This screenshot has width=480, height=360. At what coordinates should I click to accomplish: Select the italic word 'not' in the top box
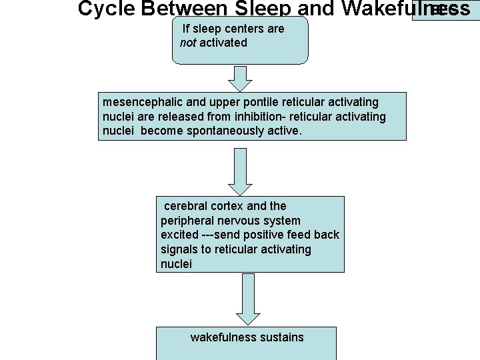(188, 43)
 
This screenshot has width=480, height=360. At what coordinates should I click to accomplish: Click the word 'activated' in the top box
(223, 43)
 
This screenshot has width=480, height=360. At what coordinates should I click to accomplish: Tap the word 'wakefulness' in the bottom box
(221, 337)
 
